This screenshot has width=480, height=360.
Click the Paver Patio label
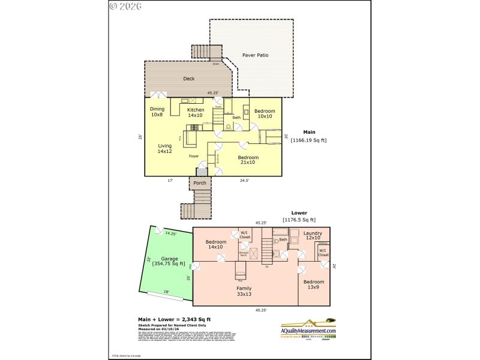255,55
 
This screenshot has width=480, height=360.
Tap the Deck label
188,79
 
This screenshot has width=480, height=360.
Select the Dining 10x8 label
157,112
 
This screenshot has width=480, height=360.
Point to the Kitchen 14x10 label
196,112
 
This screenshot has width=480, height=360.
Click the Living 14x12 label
164,149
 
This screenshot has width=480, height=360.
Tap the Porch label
199,183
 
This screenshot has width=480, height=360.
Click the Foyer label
194,156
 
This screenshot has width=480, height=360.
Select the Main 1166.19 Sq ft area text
308,136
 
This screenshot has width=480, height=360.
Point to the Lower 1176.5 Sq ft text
299,216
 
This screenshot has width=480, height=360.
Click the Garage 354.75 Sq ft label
169,260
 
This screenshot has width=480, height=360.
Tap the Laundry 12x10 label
313,235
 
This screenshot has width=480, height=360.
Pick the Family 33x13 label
244,291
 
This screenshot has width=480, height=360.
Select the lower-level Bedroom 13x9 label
313,284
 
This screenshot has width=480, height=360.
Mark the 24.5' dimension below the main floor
244,179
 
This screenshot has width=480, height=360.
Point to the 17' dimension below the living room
170,179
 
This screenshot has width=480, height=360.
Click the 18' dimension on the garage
166,292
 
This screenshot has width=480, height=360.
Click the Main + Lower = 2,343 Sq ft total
175,319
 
